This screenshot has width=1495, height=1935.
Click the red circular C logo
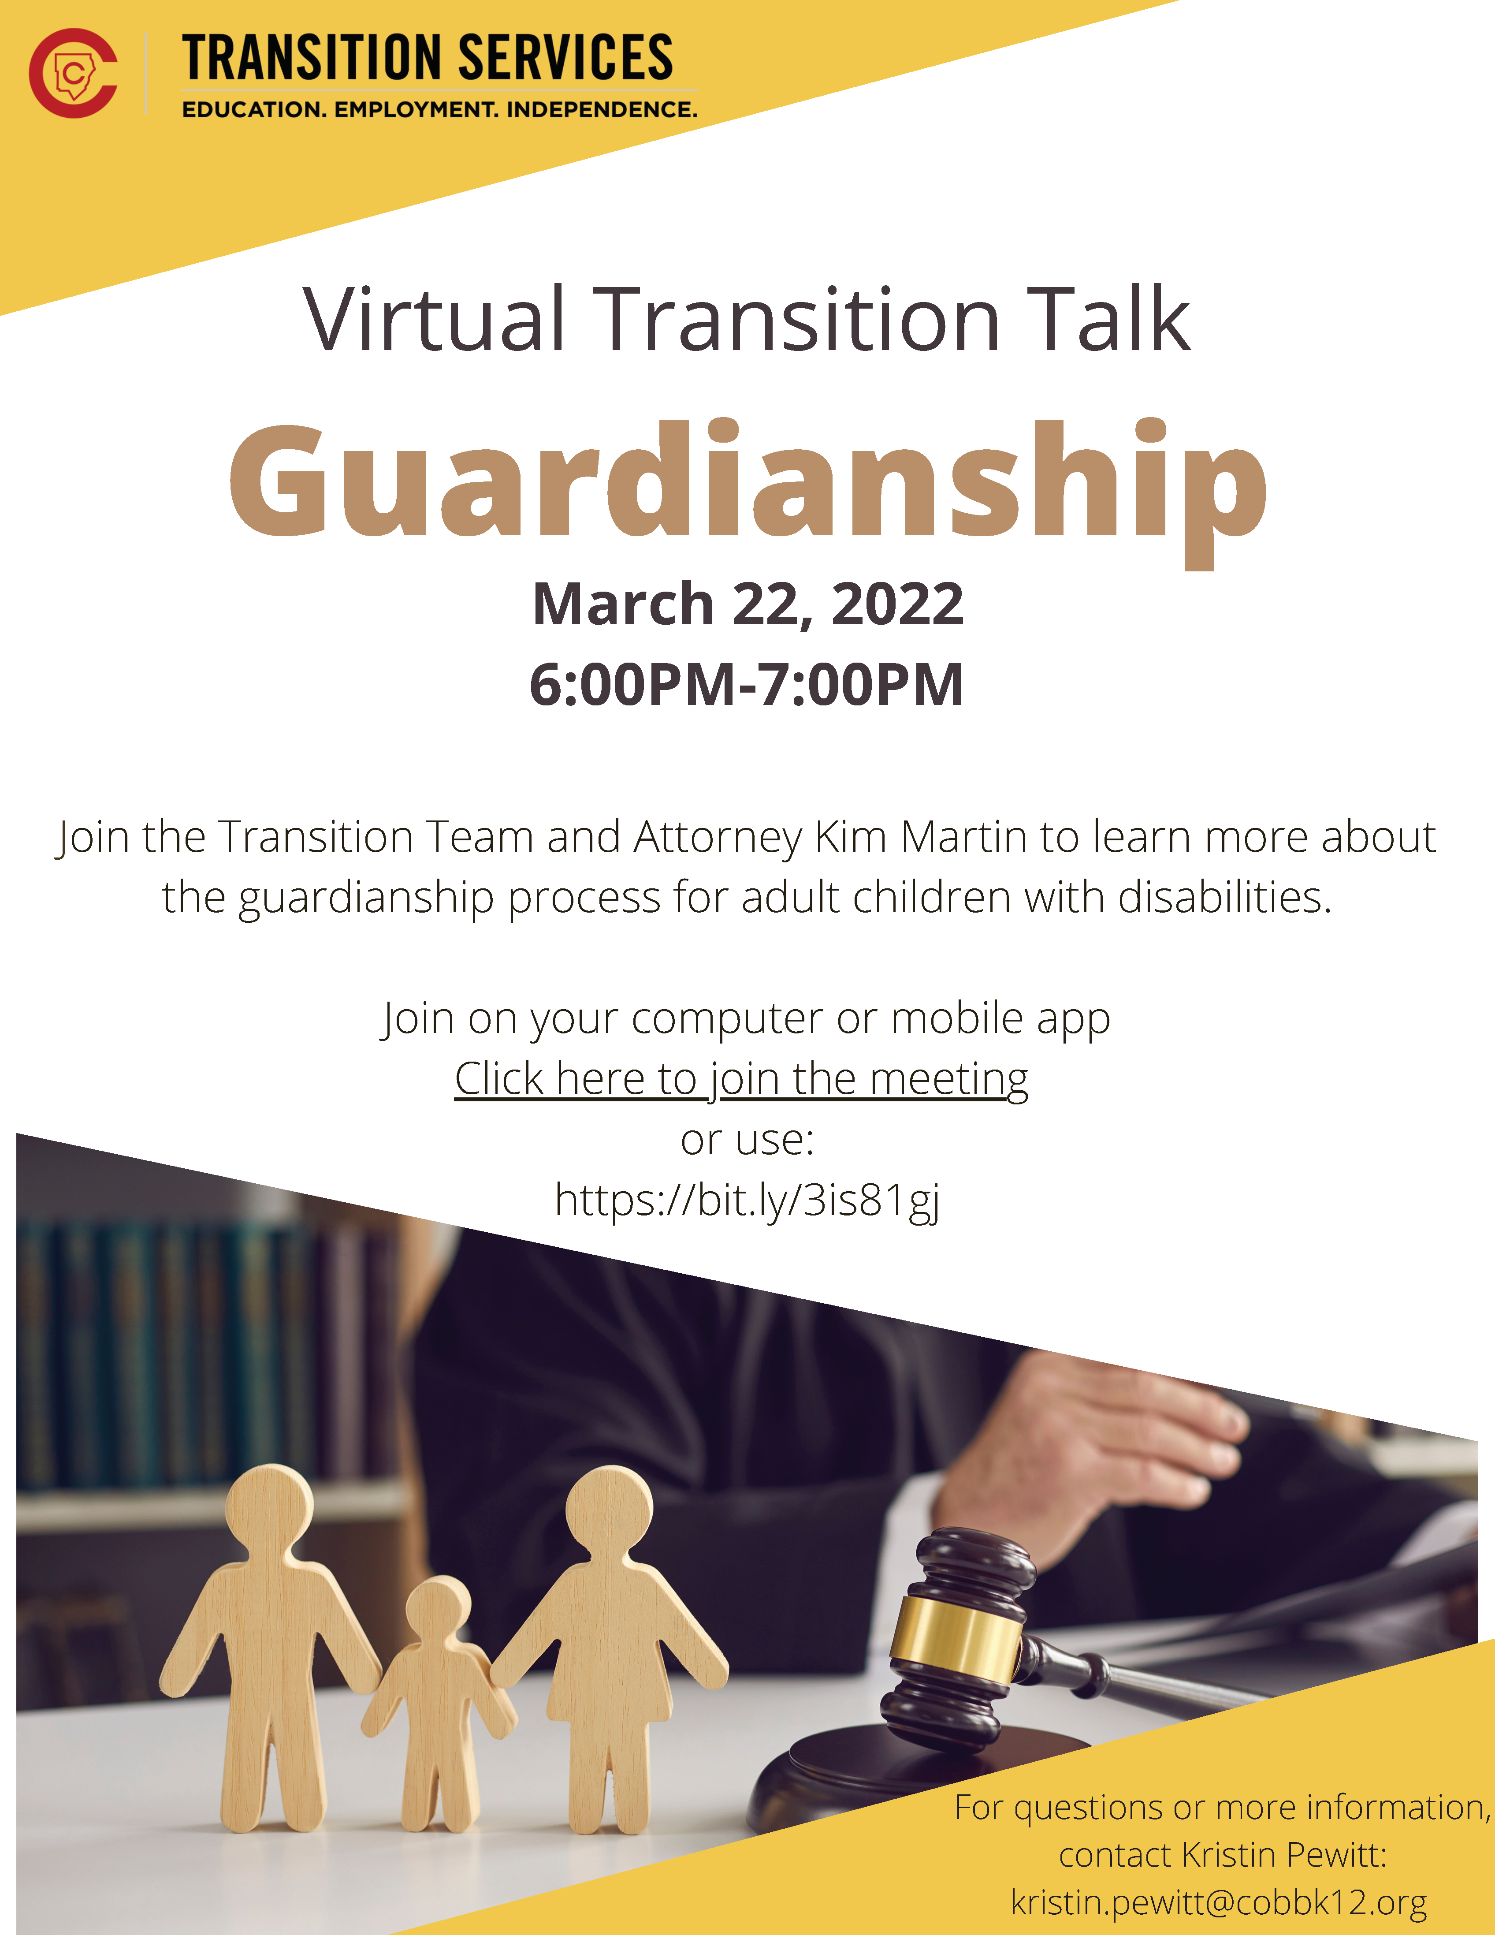[x=73, y=73]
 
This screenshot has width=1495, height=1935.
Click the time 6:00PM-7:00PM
[x=747, y=685]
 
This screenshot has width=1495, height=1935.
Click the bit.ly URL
[x=747, y=1201]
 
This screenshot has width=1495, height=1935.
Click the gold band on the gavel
[x=956, y=1641]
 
